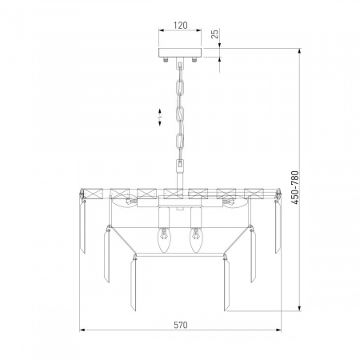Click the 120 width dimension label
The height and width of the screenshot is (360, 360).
181,26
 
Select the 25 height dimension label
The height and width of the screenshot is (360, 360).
214,34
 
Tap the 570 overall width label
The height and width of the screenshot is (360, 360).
181,325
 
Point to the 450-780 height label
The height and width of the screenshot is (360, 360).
295,188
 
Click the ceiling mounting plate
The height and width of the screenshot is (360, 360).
180,53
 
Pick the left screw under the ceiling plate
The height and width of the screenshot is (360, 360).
166,59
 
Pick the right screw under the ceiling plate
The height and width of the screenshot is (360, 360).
194,59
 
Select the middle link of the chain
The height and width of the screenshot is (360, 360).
181,114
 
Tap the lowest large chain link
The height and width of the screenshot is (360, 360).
180,141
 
